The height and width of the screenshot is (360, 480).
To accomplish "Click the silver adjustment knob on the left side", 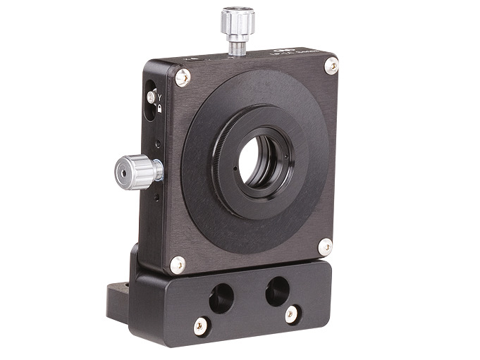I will coord(138,169).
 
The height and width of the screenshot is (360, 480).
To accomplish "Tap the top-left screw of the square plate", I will coord(182,77).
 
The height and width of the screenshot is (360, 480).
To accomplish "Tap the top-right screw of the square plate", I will coord(331,66).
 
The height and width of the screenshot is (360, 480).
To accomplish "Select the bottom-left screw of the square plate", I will coord(178,265).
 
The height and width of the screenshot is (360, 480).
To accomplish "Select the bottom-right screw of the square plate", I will coord(324,247).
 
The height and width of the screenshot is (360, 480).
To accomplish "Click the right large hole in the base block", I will coord(277,289).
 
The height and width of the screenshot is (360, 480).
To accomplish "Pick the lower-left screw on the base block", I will coord(202,325).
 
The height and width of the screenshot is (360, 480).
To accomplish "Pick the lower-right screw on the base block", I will coord(292,314).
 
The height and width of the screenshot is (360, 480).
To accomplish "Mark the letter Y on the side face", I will coord(160,97).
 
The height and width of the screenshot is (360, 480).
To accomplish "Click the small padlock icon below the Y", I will coord(160,108).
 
